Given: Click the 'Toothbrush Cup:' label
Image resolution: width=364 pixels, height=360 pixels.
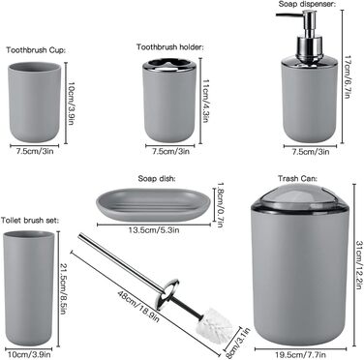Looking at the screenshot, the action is (36, 50).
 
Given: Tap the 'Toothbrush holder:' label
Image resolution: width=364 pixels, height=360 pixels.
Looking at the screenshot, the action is (170, 47).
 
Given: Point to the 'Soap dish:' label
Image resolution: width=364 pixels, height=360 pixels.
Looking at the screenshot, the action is (157, 178).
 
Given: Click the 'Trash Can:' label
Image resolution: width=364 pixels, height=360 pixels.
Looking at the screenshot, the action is (297, 178).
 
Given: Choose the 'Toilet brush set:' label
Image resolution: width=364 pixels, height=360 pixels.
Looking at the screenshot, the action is (30, 221).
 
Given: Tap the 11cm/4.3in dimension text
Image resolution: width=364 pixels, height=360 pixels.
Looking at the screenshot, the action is (205, 101).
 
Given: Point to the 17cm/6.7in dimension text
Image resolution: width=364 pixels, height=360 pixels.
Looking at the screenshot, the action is (348, 77).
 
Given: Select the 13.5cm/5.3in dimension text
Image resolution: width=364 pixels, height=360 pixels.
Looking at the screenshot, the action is (154, 230).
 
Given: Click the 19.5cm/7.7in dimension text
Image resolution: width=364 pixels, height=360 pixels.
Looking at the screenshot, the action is (301, 355).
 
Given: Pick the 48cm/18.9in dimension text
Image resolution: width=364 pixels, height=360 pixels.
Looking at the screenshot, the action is (138, 307).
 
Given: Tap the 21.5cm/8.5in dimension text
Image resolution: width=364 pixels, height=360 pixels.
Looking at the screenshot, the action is (63, 289).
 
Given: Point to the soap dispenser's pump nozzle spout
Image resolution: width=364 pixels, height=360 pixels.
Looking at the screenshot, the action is (288, 15).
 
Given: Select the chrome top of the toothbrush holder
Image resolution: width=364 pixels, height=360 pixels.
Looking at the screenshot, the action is (169, 64).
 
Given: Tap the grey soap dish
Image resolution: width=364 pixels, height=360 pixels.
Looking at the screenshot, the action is (153, 204).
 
